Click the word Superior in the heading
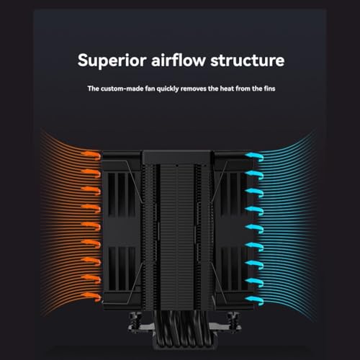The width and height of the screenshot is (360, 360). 112,60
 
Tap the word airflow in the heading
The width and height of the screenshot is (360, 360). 178,60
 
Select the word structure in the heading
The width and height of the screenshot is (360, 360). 248,60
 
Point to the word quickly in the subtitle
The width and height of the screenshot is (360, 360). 168,89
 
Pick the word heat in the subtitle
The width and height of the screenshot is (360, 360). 227,89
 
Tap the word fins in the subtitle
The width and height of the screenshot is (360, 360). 269,89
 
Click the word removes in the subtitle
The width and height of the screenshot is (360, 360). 194,89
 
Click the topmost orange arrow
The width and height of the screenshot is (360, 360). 91,156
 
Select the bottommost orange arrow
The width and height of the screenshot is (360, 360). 91,297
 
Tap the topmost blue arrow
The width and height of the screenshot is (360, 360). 254,157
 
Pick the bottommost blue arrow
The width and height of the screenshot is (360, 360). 254,301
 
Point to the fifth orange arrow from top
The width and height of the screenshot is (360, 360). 91,226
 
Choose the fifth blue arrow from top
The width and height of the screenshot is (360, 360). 254,229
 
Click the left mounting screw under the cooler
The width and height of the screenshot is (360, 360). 135,319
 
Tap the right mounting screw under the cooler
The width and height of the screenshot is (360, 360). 233,319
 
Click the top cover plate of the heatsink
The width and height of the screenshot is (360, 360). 176,157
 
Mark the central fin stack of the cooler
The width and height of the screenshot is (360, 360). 177,236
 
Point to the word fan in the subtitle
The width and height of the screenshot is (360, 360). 150,89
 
